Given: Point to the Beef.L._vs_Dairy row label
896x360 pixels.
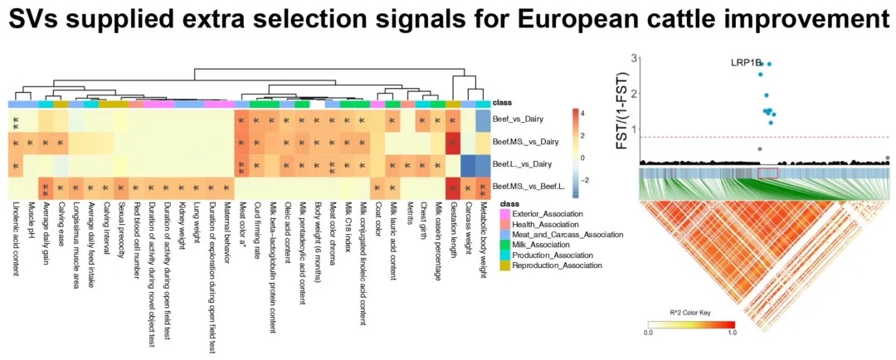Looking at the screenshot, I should point(519,165).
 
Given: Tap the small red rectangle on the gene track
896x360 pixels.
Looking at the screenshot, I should point(767,173).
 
